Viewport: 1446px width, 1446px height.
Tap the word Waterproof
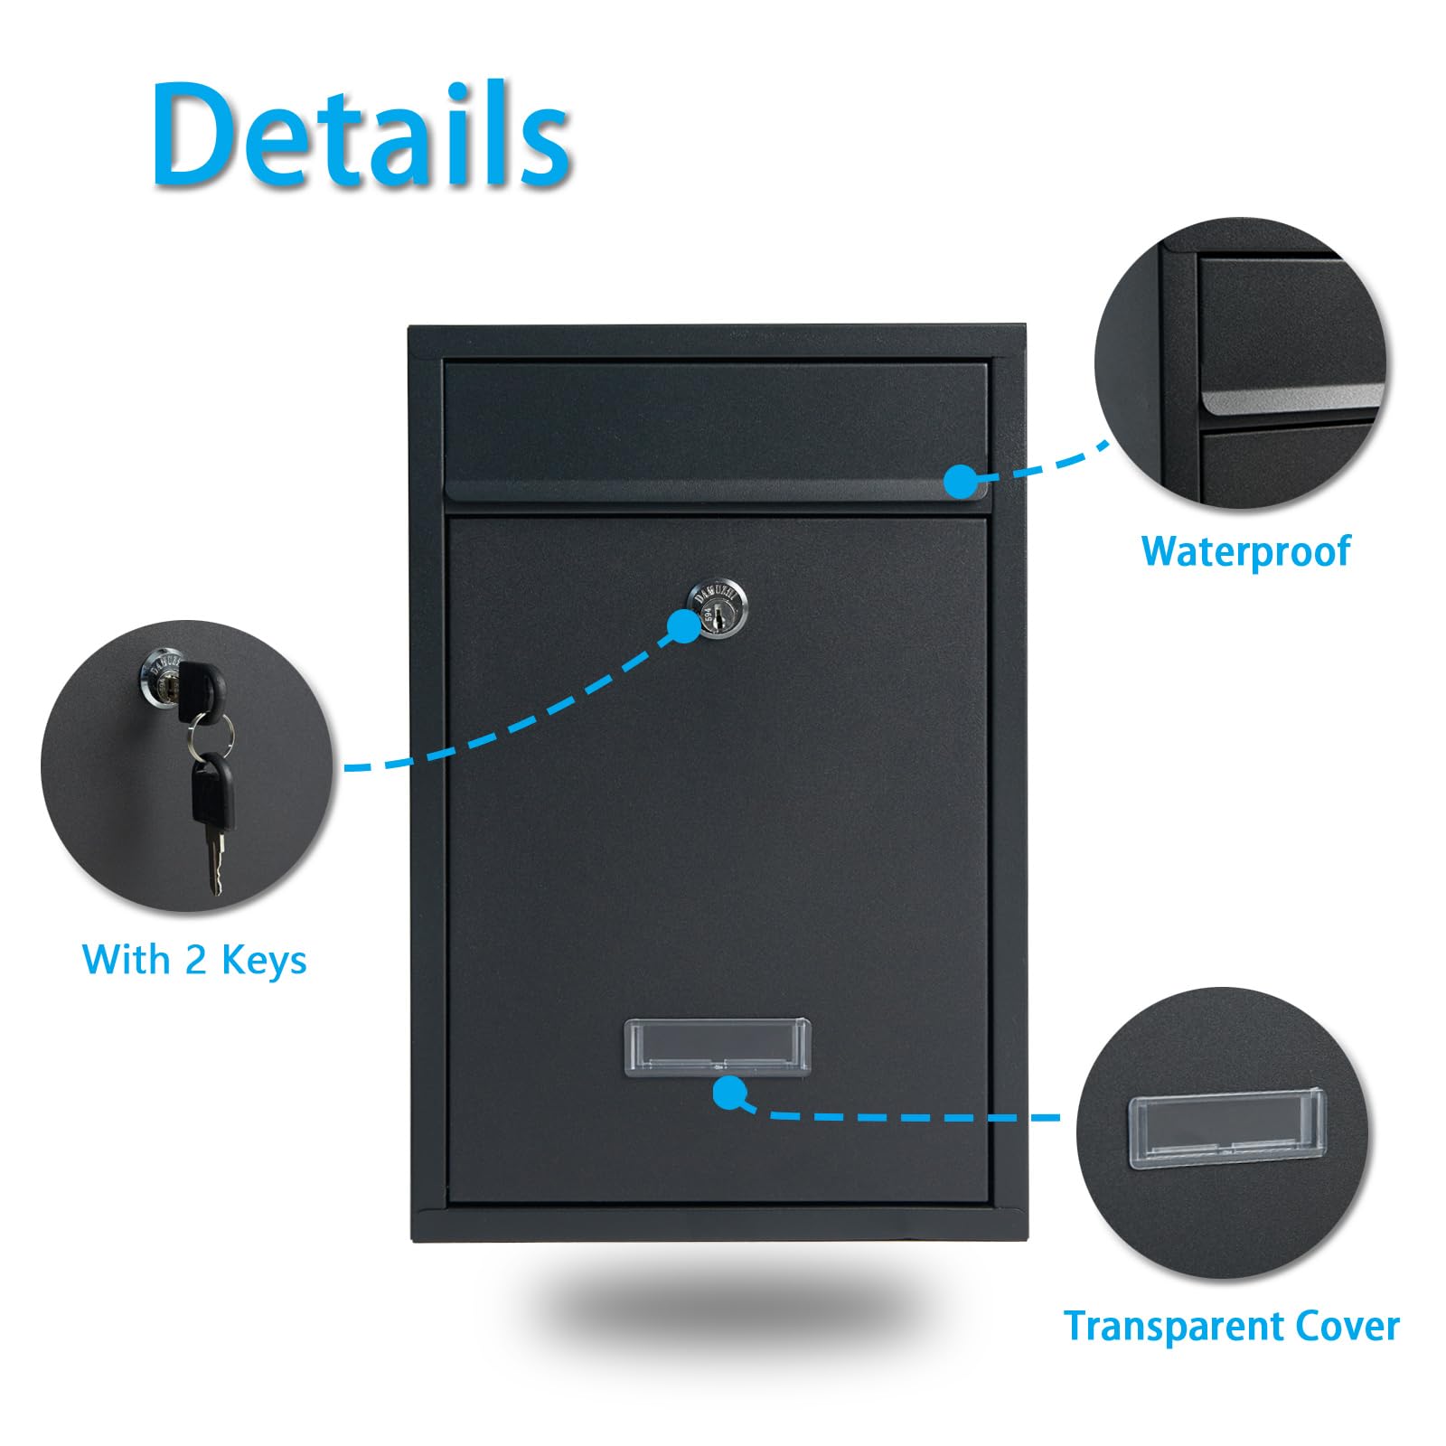point(1245,552)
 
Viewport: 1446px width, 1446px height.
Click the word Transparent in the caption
point(1172,1327)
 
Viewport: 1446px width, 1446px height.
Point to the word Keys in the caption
point(264,961)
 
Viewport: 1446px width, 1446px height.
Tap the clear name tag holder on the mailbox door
point(717,1047)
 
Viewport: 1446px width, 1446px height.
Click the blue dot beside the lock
point(683,625)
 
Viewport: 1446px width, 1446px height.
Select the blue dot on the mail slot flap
point(962,481)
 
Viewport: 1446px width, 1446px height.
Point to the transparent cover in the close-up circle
point(1227,1128)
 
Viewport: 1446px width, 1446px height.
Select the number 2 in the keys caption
point(196,959)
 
